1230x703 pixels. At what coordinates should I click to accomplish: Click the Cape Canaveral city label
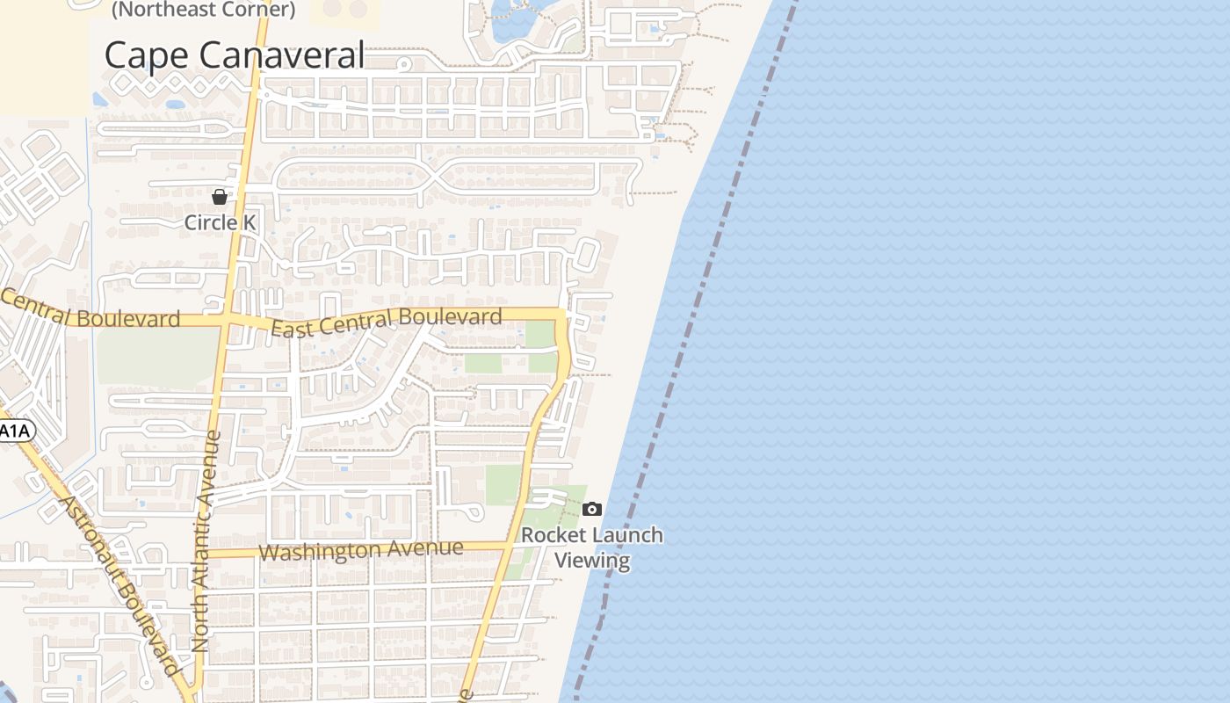coord(234,54)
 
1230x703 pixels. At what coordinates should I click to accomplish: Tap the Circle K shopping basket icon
coord(220,196)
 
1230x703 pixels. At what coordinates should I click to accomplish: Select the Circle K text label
coord(220,222)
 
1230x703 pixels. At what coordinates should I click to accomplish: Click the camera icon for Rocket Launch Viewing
coord(592,509)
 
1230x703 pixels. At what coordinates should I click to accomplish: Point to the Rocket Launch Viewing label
coord(592,547)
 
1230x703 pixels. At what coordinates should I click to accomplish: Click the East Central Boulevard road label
coord(387,323)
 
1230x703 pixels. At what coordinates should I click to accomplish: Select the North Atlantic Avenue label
coord(205,540)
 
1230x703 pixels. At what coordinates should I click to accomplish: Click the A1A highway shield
coord(13,431)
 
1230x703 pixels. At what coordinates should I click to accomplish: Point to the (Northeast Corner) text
coord(203,10)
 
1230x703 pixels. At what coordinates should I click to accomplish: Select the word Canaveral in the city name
coord(288,54)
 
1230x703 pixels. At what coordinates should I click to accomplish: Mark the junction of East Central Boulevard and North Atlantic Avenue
coord(226,318)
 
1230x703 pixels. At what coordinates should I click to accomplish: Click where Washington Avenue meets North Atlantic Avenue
coord(204,554)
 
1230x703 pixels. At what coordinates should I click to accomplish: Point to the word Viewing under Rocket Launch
coord(592,561)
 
